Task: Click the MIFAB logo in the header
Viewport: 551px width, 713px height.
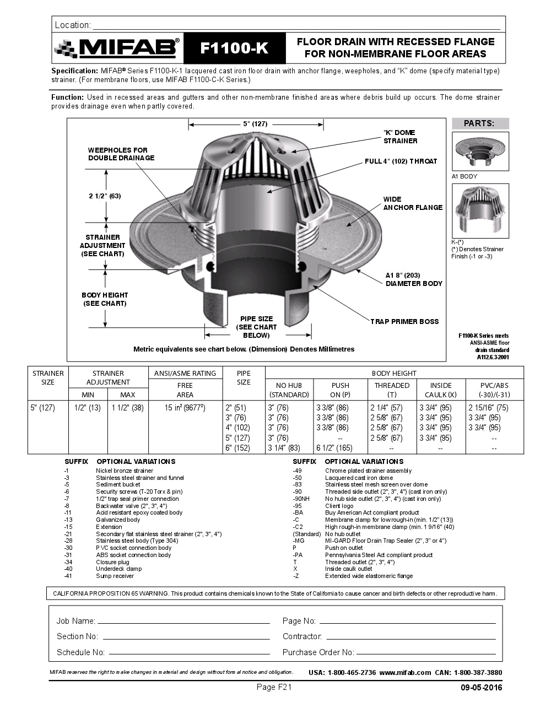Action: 117,48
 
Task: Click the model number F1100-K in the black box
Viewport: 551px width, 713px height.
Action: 234,48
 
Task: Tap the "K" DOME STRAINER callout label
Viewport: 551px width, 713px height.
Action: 400,137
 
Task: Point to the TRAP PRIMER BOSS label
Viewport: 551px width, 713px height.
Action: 404,322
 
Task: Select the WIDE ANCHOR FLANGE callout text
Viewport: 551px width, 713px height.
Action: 413,203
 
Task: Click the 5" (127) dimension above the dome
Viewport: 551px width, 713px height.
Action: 255,124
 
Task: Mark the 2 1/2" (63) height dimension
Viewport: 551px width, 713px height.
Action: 105,196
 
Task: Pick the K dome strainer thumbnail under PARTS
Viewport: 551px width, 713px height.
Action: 480,210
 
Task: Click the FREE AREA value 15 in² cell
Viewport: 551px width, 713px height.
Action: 185,408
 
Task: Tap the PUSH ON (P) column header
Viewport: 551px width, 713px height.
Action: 340,390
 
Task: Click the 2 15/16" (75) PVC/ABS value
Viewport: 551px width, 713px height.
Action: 488,408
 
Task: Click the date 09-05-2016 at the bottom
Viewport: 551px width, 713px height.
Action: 481,688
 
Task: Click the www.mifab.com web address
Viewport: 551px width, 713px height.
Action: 405,672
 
